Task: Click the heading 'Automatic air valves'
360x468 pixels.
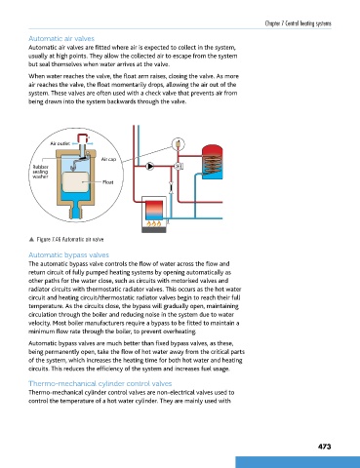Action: (x=61, y=39)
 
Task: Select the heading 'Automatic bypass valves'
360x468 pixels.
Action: (x=68, y=255)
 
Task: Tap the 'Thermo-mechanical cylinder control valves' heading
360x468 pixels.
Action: (x=100, y=383)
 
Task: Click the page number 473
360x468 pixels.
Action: (x=324, y=447)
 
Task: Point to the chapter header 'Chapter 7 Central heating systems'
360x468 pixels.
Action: (x=298, y=23)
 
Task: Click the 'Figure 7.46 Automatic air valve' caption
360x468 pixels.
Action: (x=70, y=240)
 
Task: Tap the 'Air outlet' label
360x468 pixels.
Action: (x=60, y=143)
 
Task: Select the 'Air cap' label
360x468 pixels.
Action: (x=108, y=159)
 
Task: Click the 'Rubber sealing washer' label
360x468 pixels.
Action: (x=40, y=172)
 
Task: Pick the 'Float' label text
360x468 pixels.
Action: (x=108, y=182)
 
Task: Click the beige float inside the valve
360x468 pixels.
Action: (x=75, y=181)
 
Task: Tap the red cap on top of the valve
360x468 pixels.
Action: (x=83, y=136)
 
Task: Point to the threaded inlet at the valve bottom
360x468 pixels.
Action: (x=75, y=211)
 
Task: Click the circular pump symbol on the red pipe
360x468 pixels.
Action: (x=150, y=166)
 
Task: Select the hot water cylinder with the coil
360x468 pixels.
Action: (x=213, y=162)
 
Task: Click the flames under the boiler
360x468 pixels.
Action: (x=153, y=223)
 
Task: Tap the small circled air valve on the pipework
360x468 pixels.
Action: (x=179, y=143)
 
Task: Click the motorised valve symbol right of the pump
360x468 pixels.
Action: (x=179, y=166)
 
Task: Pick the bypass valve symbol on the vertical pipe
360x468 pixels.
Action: (x=171, y=188)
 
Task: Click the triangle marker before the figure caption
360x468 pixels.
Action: (x=31, y=240)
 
